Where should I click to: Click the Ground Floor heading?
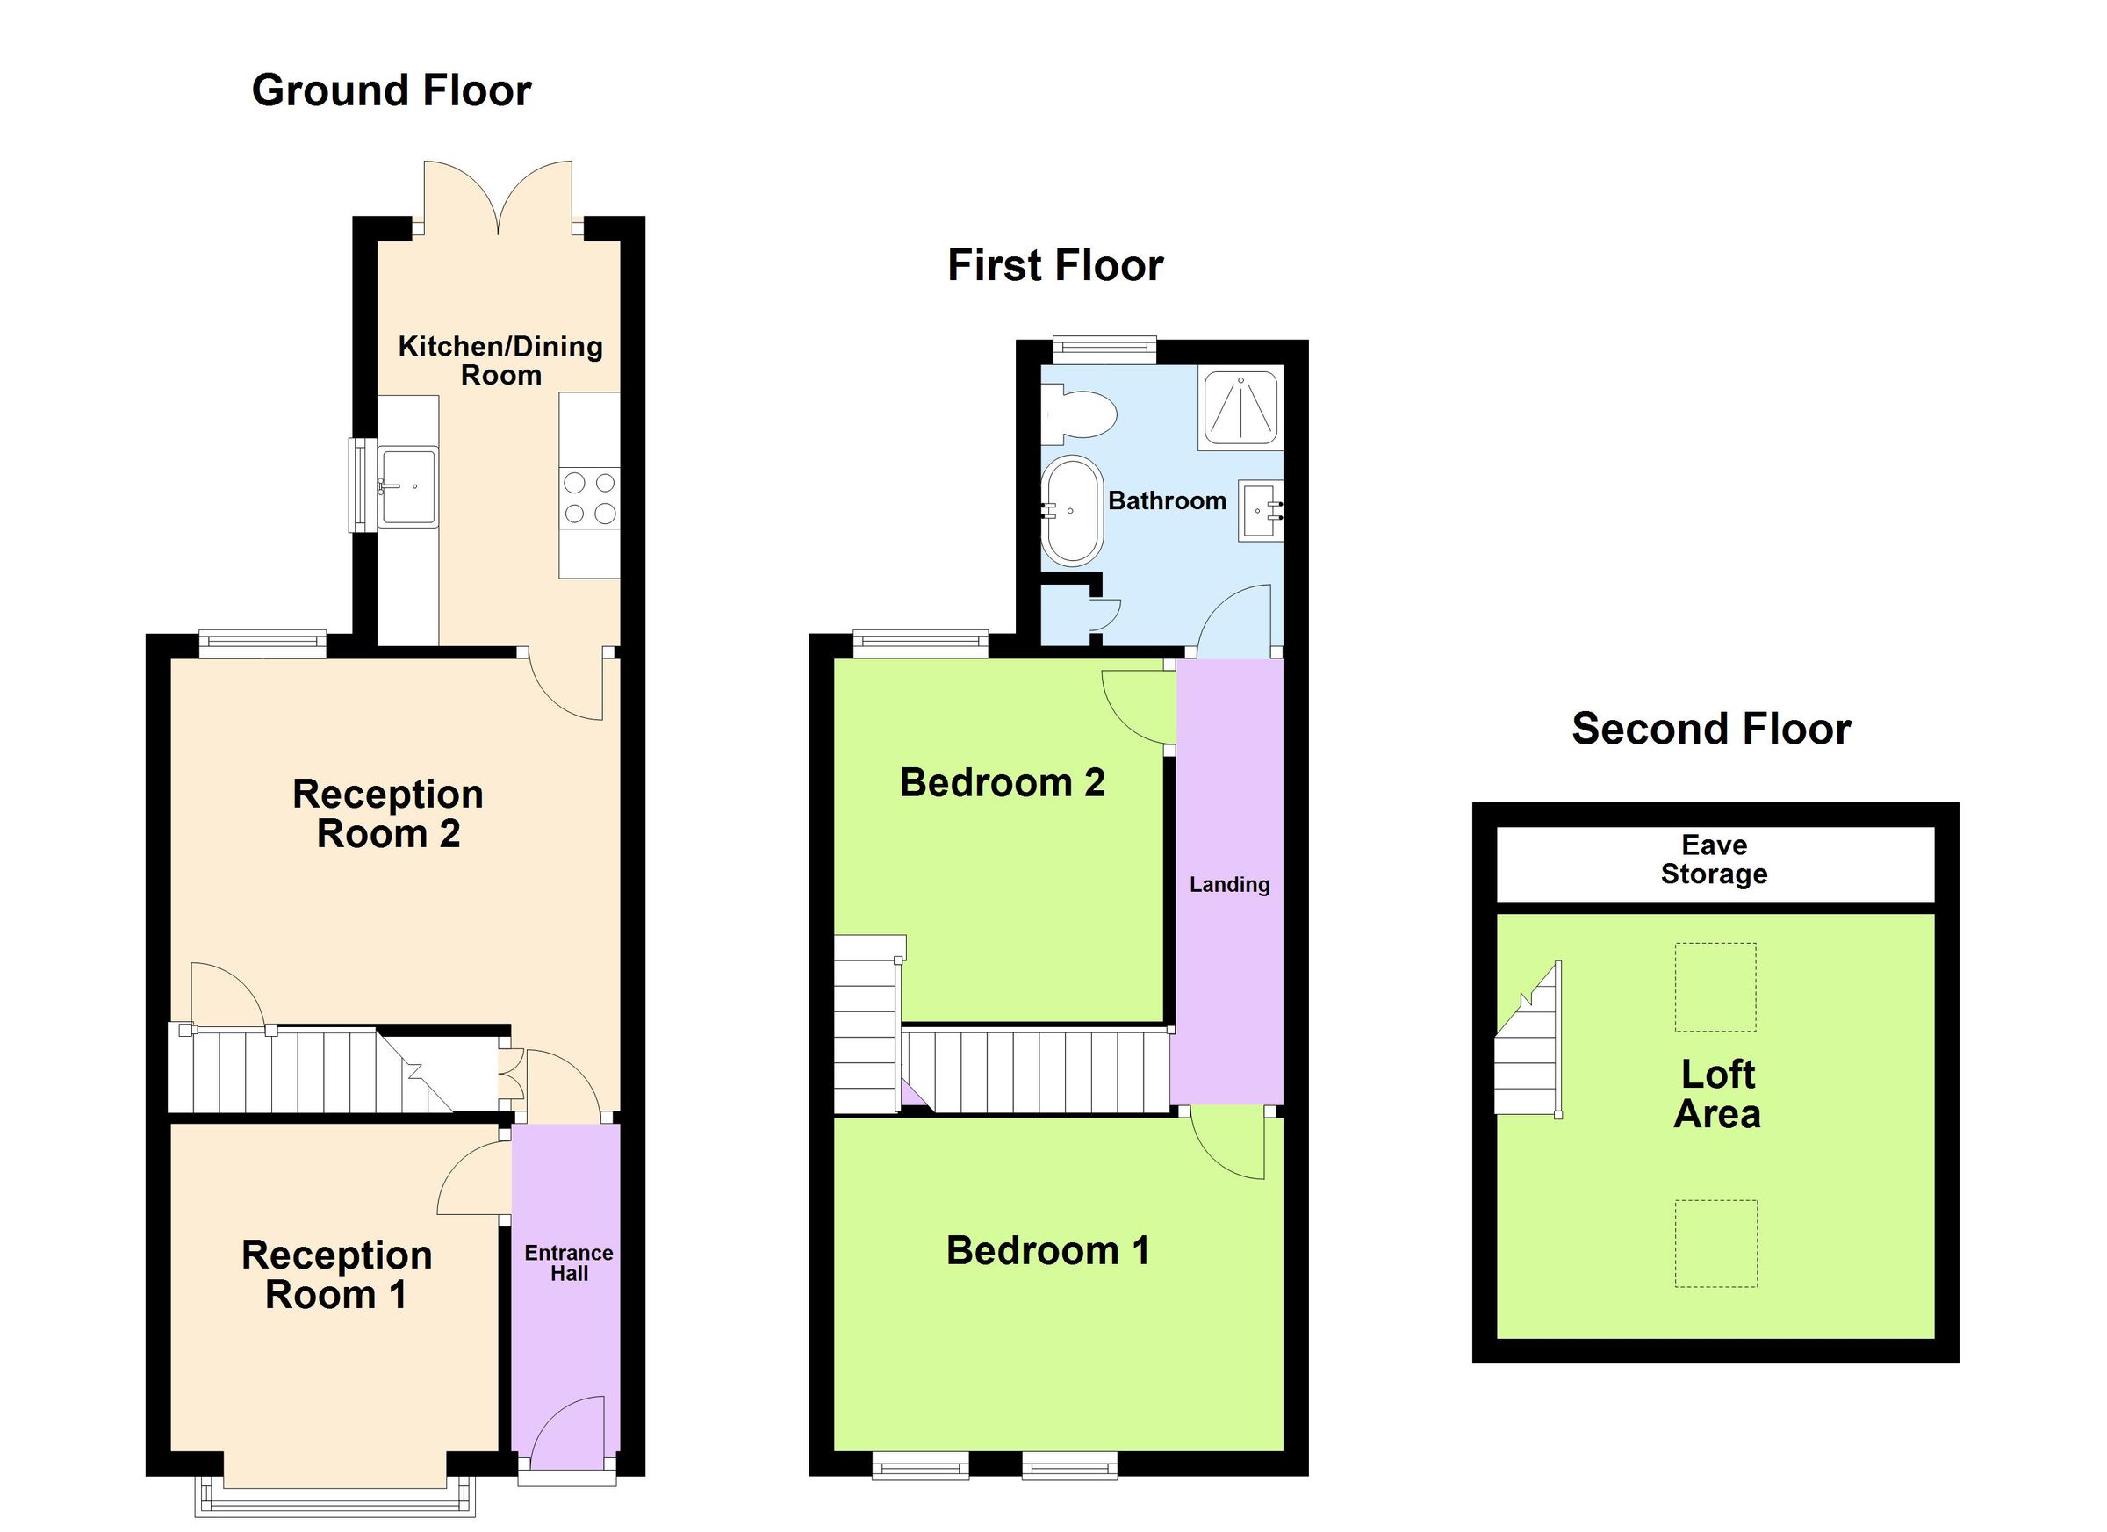tap(392, 91)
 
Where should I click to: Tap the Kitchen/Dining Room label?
tap(500, 361)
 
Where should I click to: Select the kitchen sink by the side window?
tap(409, 487)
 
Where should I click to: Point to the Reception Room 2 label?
tap(388, 814)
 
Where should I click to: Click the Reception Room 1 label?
tap(336, 1275)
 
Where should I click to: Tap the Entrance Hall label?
tap(569, 1263)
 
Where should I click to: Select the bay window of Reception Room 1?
tap(334, 1497)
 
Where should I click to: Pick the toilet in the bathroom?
tap(1080, 415)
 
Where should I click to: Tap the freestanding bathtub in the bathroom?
tap(1072, 510)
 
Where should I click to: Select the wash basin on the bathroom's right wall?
tap(1261, 510)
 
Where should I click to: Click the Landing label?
tap(1229, 884)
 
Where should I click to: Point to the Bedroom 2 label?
tap(1003, 783)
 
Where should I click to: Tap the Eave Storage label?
tap(1714, 860)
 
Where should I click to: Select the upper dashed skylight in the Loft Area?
tap(1715, 988)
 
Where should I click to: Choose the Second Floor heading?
tap(1711, 730)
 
